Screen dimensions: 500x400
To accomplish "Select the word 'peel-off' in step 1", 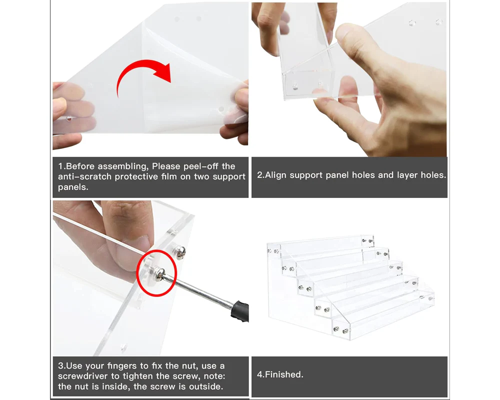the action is [x=200, y=166].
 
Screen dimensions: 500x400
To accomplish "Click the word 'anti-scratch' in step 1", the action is [x=85, y=176].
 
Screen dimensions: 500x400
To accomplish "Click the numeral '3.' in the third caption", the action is [x=61, y=366].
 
